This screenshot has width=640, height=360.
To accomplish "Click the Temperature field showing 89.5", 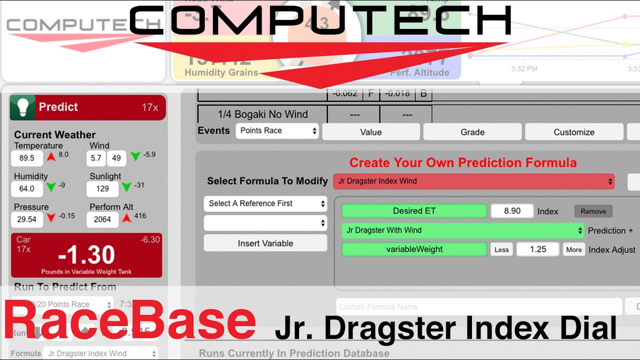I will [x=26, y=158].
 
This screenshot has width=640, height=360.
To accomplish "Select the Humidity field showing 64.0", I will [x=26, y=188].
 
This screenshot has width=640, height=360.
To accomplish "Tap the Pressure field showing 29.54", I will [x=26, y=219].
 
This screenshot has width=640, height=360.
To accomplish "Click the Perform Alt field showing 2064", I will [x=102, y=219].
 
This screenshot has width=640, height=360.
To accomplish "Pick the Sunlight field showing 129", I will [x=102, y=188].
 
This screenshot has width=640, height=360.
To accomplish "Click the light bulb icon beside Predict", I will [x=22, y=107].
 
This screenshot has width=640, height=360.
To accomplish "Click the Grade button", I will [x=472, y=132].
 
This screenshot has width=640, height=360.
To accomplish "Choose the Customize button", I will [x=573, y=132].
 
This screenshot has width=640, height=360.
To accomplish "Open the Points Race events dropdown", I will [x=278, y=131].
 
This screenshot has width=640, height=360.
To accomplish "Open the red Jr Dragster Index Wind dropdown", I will [x=473, y=181].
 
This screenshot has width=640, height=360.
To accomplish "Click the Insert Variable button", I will [x=265, y=243].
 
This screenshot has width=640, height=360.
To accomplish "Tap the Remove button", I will [x=593, y=211].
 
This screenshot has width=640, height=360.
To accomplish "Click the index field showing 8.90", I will [x=512, y=211].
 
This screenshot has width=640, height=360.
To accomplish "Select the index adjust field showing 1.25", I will [x=537, y=249].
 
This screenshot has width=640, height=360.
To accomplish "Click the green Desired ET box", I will [x=414, y=211].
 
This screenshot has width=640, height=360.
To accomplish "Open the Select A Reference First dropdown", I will [x=265, y=203].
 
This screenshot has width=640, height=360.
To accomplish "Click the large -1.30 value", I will [x=86, y=255].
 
